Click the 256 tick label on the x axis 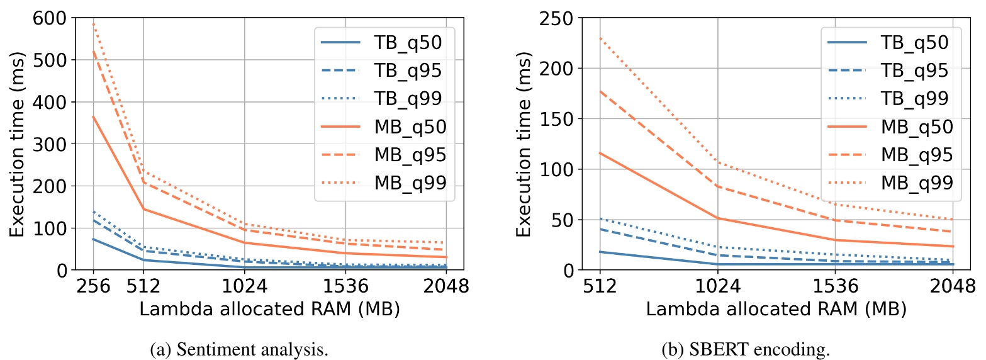(x=93, y=287)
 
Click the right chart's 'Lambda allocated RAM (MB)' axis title (x=775, y=309)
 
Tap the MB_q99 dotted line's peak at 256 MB (x=93, y=24)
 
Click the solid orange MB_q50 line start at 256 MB (x=93, y=116)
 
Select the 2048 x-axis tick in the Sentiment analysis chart (x=445, y=287)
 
